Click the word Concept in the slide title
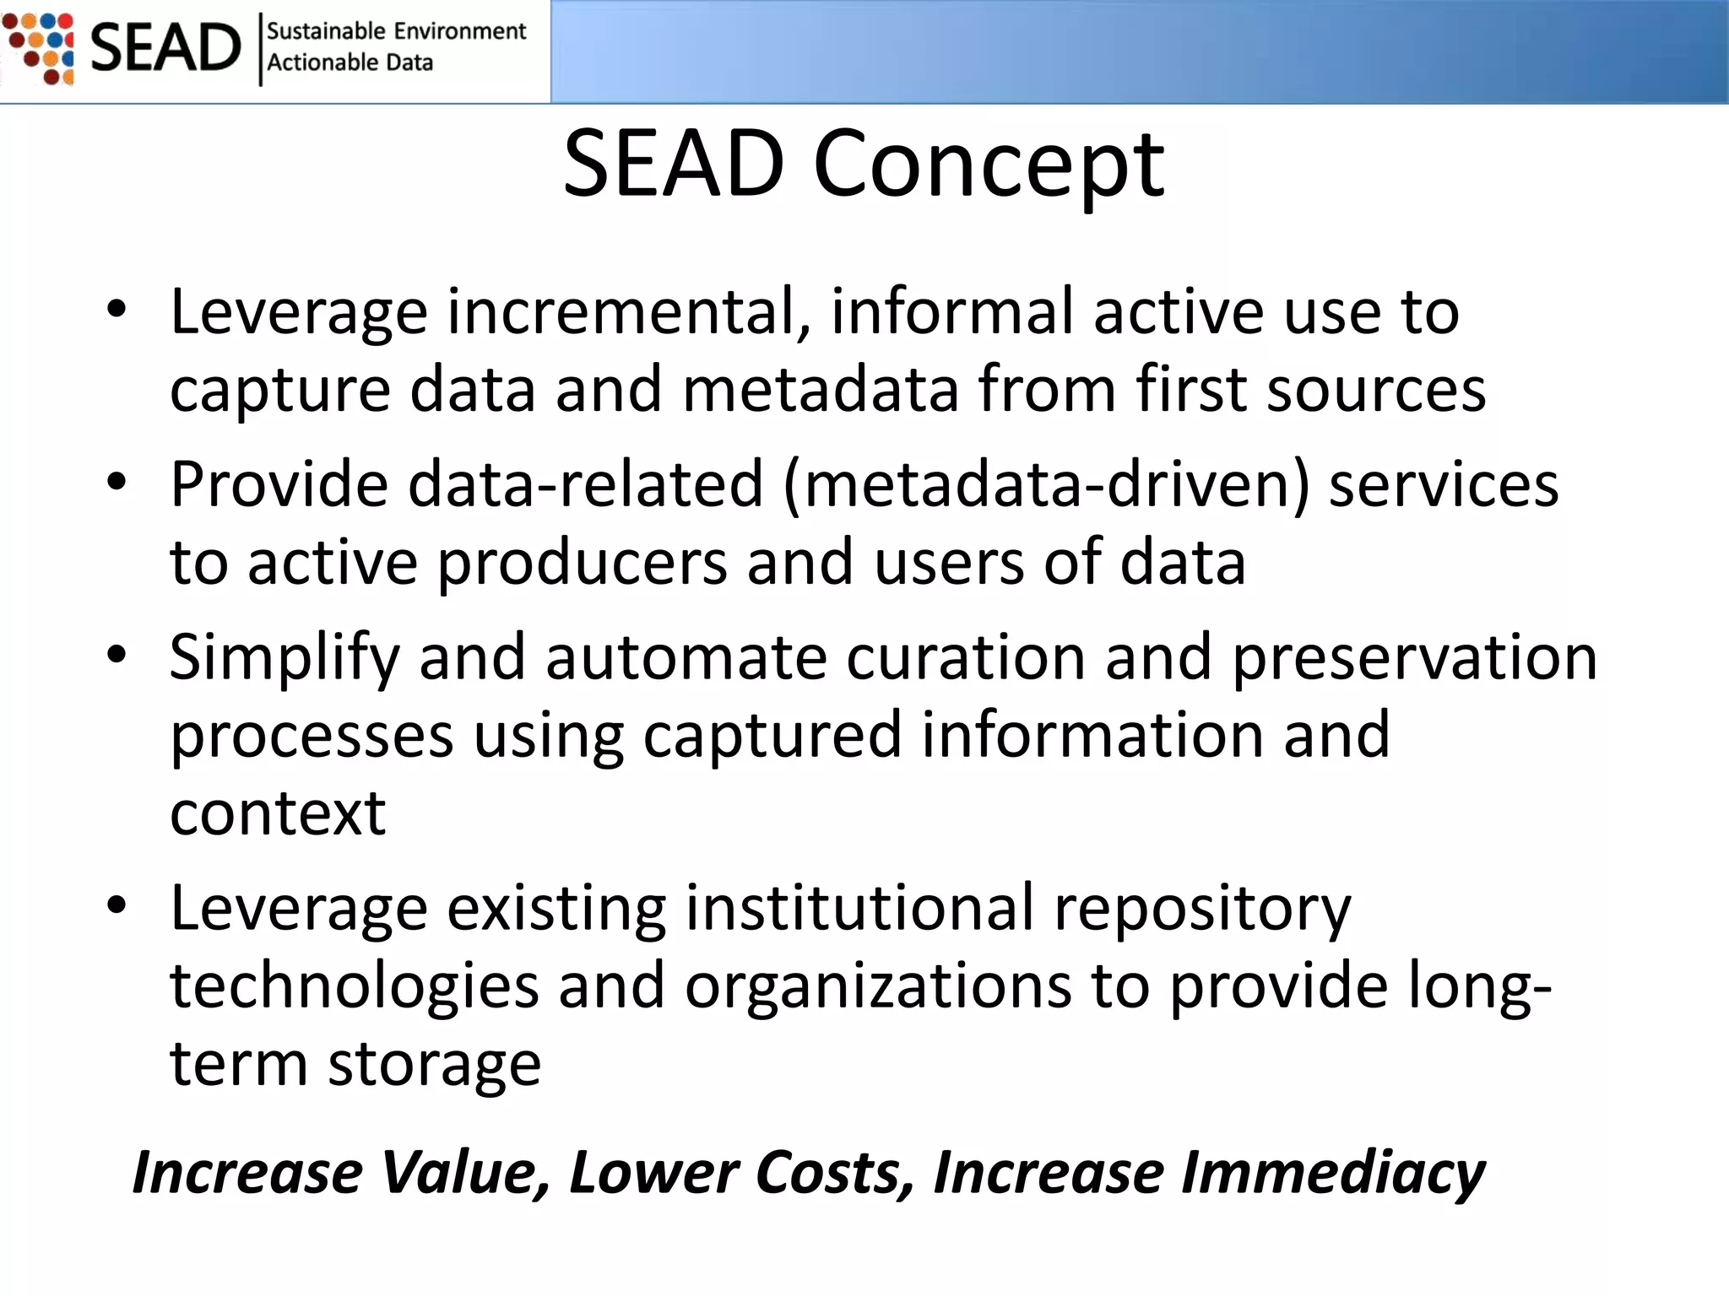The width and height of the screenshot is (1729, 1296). tap(989, 165)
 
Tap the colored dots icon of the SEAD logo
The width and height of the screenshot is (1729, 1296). tap(39, 48)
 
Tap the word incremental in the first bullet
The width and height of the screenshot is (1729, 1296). tap(628, 311)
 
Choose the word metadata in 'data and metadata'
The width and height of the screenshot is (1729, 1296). tap(821, 389)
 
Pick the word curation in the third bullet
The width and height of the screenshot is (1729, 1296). tap(965, 657)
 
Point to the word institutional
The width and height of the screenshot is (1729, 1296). tap(859, 908)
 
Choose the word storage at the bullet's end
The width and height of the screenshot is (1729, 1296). tap(434, 1066)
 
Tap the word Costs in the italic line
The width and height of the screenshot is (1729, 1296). tap(835, 1173)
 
